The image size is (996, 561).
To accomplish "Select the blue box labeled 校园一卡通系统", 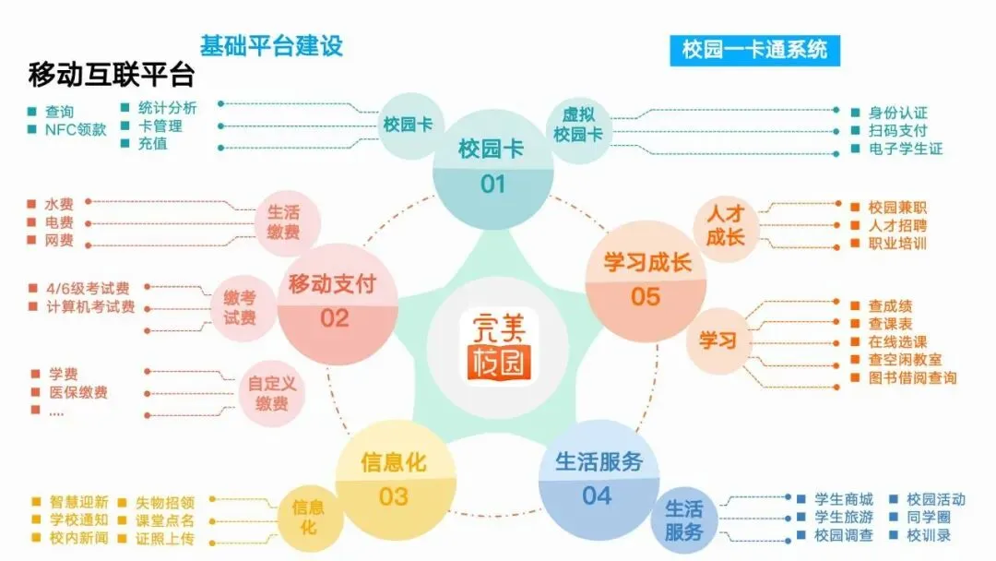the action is coord(755,50).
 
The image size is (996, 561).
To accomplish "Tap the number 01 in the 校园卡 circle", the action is coord(492,185).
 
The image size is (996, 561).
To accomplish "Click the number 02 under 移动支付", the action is coord(335,318).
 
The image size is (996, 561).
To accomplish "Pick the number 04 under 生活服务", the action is coord(597,495).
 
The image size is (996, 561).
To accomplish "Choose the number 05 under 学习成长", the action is coord(646,297).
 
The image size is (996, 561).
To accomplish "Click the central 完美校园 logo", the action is coord(497,344).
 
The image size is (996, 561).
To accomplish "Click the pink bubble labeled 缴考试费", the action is coord(240,308).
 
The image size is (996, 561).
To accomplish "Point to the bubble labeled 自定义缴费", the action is coord(272,394).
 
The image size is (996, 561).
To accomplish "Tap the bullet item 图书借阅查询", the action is coord(912,377).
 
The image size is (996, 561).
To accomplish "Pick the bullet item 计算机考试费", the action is coord(90,306).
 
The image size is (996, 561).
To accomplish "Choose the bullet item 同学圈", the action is coord(928,518).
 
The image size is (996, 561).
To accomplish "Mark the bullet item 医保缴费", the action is coord(77,392).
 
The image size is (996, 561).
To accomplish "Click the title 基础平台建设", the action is coord(271,46).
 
